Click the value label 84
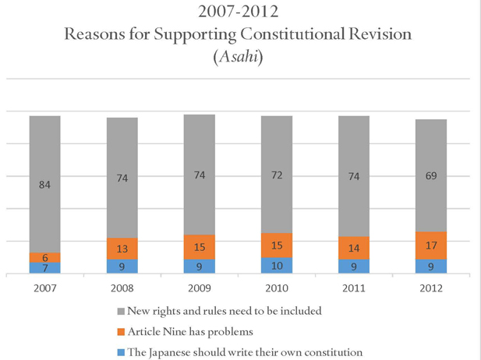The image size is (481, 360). (44, 185)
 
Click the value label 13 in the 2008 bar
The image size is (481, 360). (122, 249)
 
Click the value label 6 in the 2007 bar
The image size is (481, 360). (44, 257)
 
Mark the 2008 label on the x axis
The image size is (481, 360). (122, 288)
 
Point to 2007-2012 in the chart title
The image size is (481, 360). (240, 13)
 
